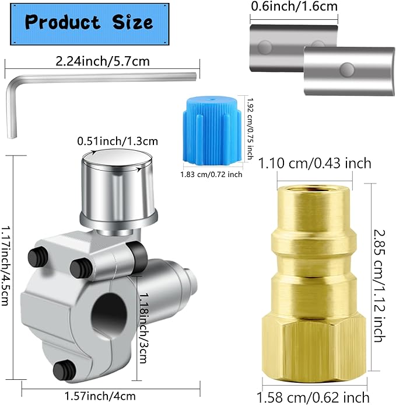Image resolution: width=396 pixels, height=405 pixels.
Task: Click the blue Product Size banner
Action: (x=89, y=23)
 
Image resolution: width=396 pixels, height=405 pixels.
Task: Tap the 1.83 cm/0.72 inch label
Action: (x=211, y=174)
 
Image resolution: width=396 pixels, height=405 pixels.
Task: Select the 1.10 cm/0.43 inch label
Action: (x=315, y=163)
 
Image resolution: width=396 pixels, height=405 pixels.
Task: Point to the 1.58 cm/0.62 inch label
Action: (x=315, y=397)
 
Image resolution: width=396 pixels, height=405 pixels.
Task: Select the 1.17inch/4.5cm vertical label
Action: (x=8, y=269)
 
